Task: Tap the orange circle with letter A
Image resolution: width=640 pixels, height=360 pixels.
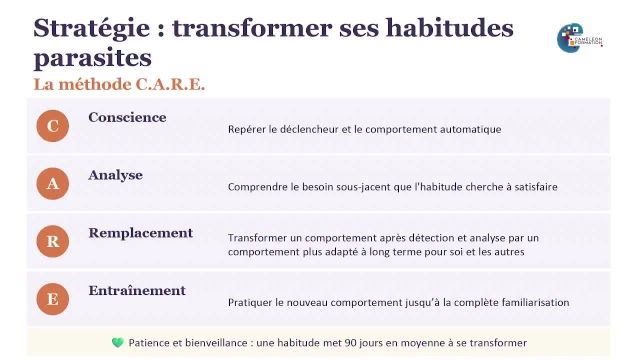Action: (53, 183)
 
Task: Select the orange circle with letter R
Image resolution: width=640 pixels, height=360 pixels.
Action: (53, 241)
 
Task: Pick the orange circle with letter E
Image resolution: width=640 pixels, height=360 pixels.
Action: (53, 298)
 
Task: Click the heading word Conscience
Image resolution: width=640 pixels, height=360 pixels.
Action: (127, 117)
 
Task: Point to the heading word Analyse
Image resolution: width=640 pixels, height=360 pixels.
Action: (115, 175)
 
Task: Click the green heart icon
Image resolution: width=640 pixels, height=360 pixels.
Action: (117, 342)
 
